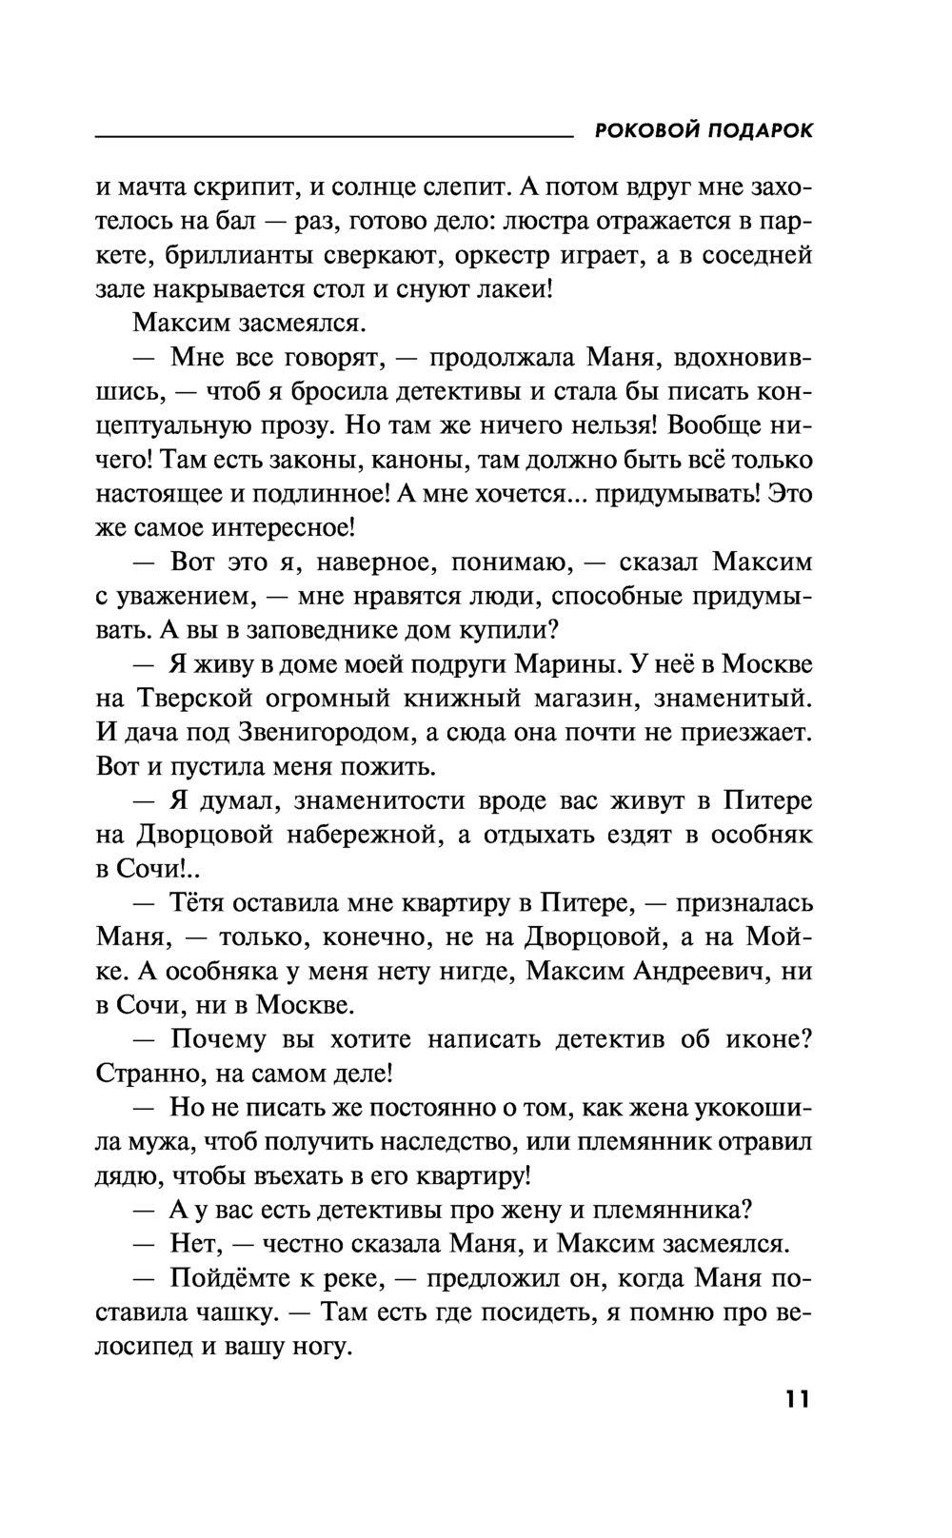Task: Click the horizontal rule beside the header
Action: [333, 138]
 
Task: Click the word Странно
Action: [146, 1073]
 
